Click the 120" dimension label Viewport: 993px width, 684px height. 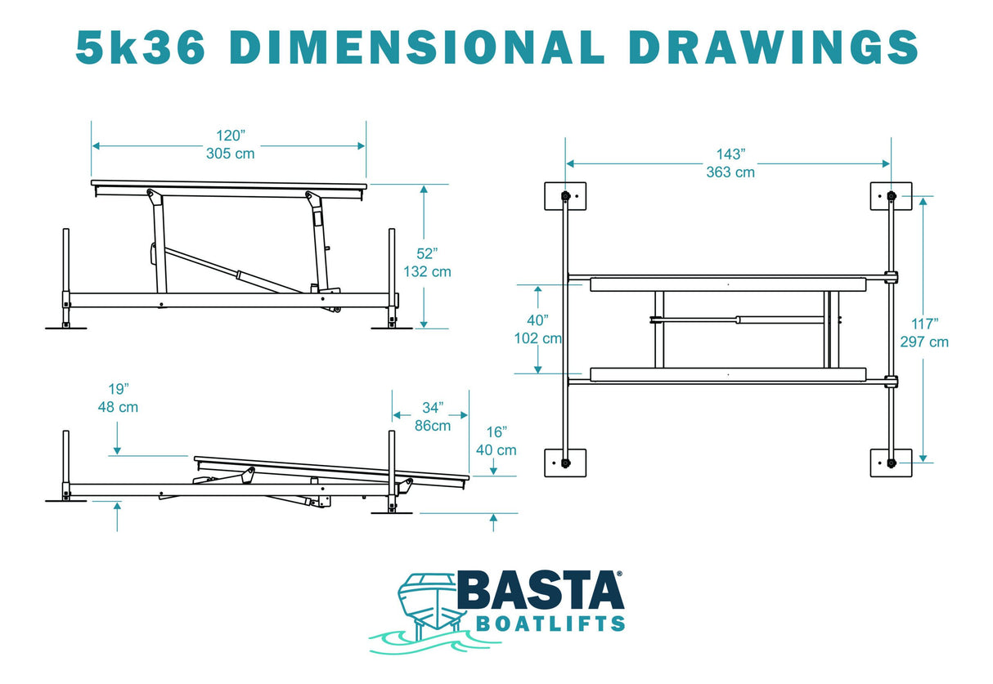point(231,136)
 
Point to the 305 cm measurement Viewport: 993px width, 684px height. point(231,154)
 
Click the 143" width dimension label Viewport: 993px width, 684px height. point(730,154)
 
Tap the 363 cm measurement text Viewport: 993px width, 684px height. point(730,172)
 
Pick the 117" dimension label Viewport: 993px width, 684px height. point(925,324)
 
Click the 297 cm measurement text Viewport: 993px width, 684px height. point(925,342)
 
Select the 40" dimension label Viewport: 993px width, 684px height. point(538,320)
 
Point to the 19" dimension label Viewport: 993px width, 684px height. point(118,388)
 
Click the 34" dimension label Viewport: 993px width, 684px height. point(433,406)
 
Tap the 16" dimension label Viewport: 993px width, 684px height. point(496,431)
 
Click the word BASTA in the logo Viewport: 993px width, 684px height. point(540,591)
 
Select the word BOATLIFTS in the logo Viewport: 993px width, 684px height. point(550,624)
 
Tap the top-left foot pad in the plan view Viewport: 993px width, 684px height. point(565,196)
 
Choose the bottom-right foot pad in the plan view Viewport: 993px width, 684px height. point(891,463)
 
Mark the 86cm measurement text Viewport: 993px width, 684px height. point(433,425)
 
